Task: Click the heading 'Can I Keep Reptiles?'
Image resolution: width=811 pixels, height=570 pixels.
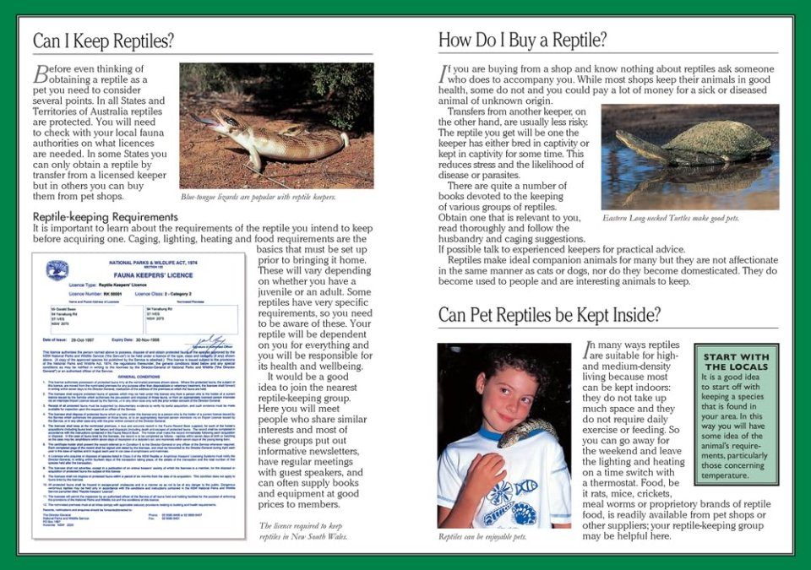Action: click(104, 41)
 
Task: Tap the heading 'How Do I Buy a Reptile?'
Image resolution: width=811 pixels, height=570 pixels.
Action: click(522, 41)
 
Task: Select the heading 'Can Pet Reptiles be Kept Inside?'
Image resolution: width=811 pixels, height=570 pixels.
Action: click(549, 315)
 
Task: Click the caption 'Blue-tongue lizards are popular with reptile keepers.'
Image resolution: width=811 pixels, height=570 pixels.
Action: click(258, 197)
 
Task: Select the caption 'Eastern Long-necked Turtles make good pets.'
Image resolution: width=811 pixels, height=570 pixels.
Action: click(671, 218)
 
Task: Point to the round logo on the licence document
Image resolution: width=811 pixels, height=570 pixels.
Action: click(57, 271)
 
